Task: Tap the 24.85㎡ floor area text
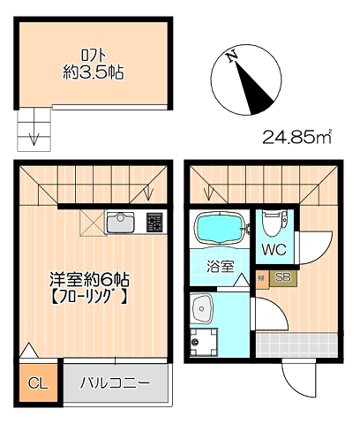coord(296,136)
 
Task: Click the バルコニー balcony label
coord(115,383)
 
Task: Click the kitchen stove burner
coord(154,223)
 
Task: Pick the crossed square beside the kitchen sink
coord(92,222)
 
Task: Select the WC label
coord(274,248)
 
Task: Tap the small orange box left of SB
coord(261,278)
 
